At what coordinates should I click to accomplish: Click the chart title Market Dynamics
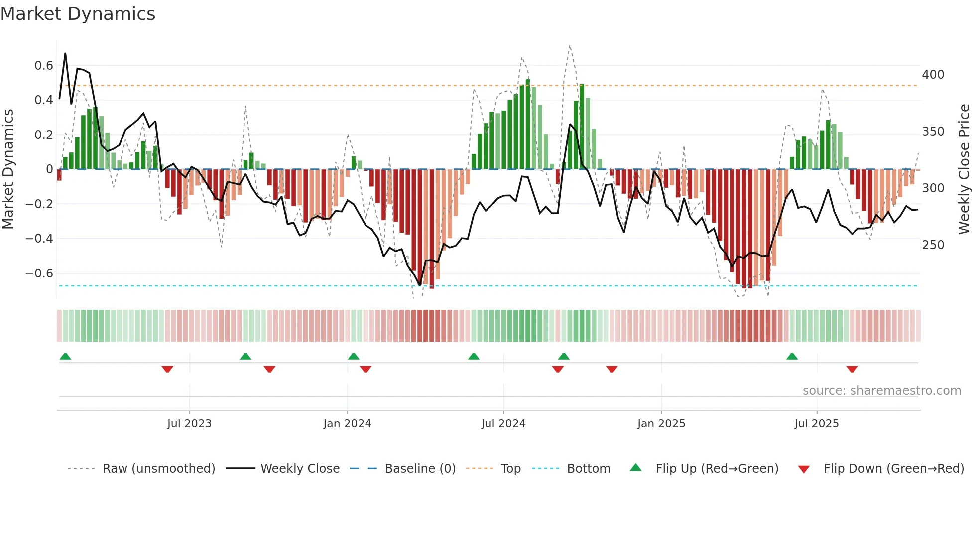click(78, 14)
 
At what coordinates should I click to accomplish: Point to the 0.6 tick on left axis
click(44, 66)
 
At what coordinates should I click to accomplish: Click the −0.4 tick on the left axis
click(39, 239)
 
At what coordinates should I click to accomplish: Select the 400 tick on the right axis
click(933, 75)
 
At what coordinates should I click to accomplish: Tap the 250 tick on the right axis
click(933, 245)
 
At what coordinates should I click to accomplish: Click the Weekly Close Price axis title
click(964, 169)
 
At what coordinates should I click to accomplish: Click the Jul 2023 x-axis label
click(189, 424)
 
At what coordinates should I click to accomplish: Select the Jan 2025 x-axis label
click(661, 424)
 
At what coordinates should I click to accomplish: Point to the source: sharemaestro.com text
click(881, 391)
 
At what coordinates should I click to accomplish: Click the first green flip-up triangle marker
click(65, 356)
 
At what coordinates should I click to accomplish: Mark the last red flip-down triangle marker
click(852, 369)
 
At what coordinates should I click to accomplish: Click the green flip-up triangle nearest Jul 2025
click(792, 356)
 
